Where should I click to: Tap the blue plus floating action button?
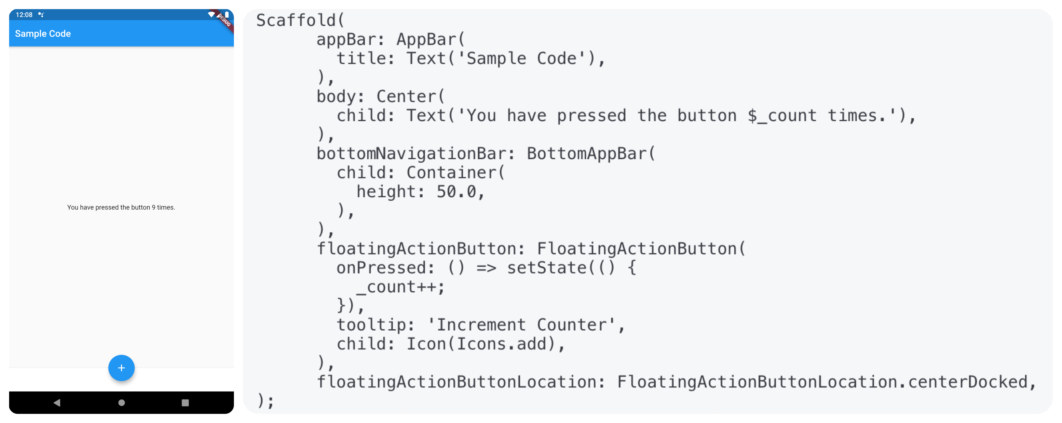coord(121,368)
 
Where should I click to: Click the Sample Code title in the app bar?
coord(43,34)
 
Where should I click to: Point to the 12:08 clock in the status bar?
coord(24,15)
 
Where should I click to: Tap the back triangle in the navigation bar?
coord(57,403)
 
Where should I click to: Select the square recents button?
coord(185,403)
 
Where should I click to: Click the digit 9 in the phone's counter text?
coord(153,207)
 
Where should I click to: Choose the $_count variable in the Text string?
coord(782,116)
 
